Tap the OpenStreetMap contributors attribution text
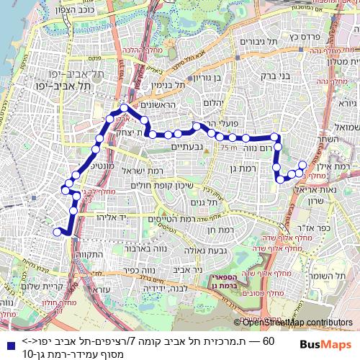click(x=297, y=322)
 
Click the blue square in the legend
click(x=7, y=341)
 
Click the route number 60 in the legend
click(x=271, y=340)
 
